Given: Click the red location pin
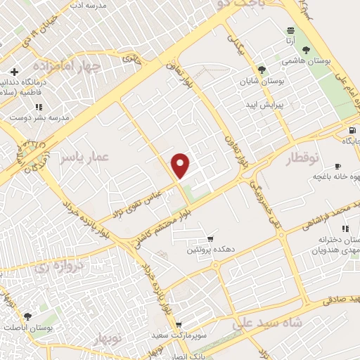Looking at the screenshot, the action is [181, 165].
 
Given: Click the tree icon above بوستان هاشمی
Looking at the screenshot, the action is [305, 49].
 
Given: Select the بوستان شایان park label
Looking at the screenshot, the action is [261, 82].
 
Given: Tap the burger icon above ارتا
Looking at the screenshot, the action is [290, 30].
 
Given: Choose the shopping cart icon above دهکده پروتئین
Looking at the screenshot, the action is [210, 239].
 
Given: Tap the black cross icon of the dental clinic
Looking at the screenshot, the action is [14, 72].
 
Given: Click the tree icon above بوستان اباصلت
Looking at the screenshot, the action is [27, 316].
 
